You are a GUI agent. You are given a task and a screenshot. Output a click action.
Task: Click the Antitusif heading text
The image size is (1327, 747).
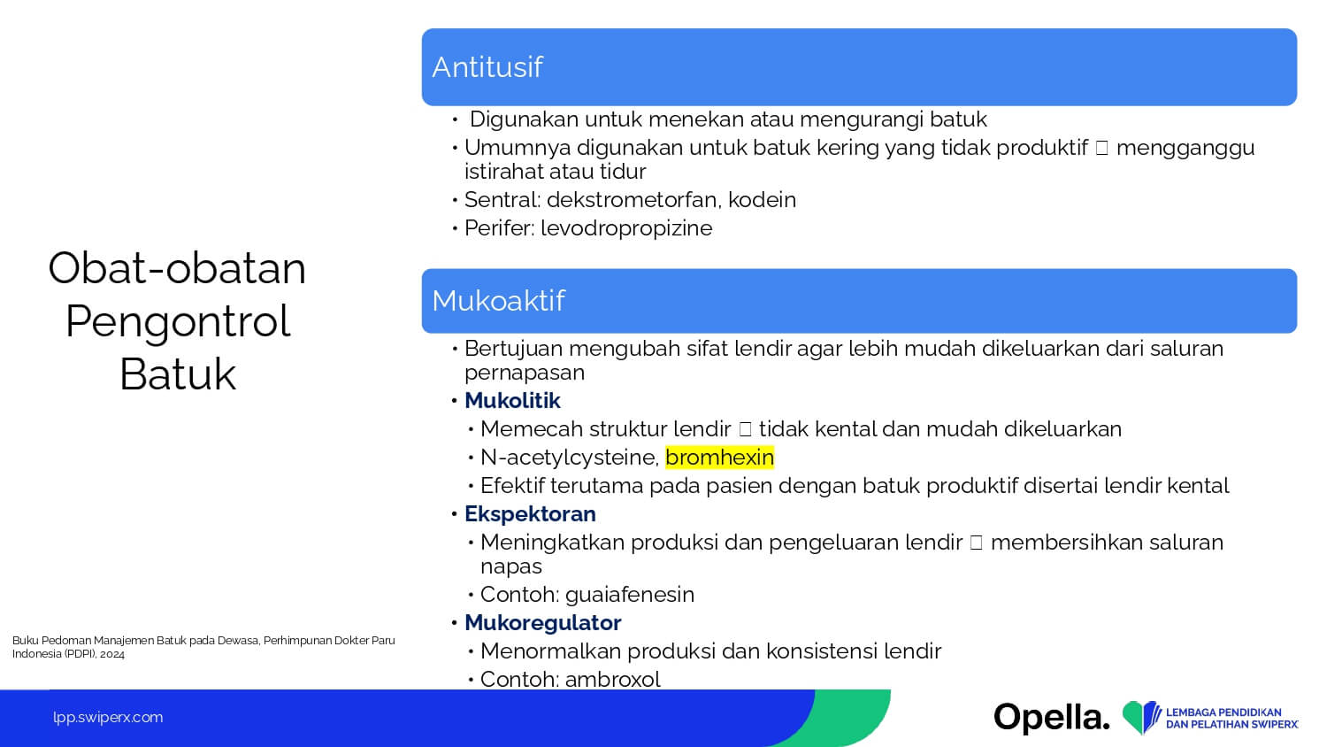(x=487, y=67)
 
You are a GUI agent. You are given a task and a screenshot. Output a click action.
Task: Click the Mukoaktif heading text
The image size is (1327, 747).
(x=498, y=301)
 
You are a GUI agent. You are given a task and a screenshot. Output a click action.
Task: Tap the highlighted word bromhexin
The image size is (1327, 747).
(x=720, y=457)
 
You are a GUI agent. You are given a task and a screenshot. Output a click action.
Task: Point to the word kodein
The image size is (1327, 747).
(x=762, y=200)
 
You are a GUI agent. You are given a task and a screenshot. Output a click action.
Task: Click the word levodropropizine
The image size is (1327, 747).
(x=626, y=228)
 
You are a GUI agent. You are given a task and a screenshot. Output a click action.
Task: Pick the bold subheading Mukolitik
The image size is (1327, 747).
(x=512, y=401)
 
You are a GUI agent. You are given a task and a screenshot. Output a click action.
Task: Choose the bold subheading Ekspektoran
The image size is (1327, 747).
(x=530, y=514)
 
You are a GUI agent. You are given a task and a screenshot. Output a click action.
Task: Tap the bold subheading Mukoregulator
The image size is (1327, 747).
(x=542, y=623)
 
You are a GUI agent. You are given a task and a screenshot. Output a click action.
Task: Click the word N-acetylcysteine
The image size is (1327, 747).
(x=570, y=458)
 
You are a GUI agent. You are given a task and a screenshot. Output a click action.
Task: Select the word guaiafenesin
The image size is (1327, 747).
(x=630, y=595)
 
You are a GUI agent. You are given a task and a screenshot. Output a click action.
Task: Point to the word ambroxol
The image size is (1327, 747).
(x=612, y=680)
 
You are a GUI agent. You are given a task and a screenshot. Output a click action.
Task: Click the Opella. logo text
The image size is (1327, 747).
(x=1052, y=718)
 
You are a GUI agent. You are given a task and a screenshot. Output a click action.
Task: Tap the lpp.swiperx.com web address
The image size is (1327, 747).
(x=108, y=718)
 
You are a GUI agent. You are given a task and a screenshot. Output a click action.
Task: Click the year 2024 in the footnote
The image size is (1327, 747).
(x=112, y=655)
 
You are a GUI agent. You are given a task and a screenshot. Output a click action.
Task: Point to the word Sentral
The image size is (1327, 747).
(x=502, y=200)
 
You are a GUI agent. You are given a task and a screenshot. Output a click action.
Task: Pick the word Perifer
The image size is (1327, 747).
(x=500, y=228)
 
